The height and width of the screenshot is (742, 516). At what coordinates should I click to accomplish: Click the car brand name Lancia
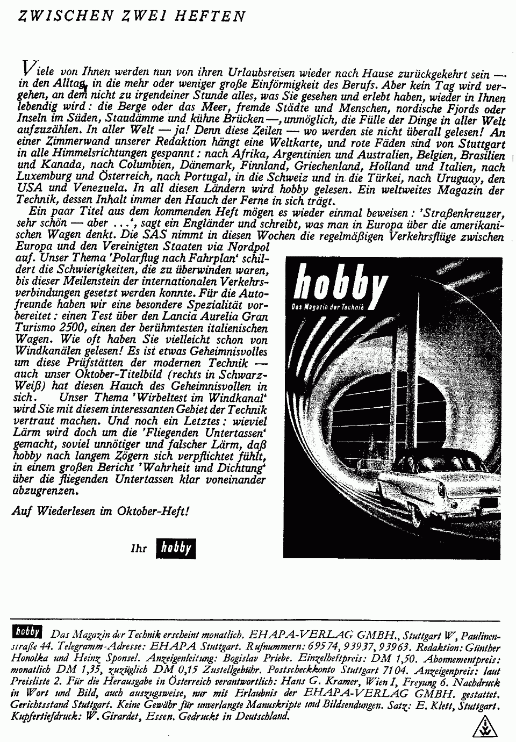coord(184,316)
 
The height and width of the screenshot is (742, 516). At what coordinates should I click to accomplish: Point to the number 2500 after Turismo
coord(71,327)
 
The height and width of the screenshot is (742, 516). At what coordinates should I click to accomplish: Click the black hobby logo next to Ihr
coord(175,548)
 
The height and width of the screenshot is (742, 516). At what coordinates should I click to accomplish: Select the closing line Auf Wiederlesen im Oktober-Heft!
coord(101,511)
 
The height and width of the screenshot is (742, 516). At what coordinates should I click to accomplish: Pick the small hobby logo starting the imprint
coord(30,631)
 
